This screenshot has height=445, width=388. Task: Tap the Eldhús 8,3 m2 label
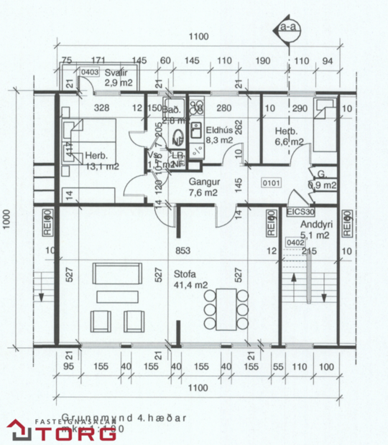[218, 135]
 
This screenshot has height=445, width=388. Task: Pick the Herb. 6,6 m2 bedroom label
[289, 136]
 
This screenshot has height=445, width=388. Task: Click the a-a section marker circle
[289, 29]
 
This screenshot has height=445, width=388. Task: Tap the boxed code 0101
[271, 182]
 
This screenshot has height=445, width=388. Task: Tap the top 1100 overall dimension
[198, 37]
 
